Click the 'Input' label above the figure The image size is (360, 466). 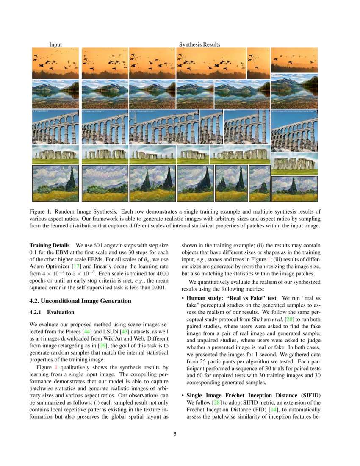click(55, 44)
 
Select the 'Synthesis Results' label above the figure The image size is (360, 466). click(199, 44)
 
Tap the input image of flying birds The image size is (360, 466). click(55, 63)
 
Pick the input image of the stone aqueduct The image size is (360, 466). click(55, 127)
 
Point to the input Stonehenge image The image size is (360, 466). click(55, 155)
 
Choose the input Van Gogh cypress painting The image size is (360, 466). click(55, 183)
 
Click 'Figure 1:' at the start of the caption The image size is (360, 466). click(40, 211)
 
